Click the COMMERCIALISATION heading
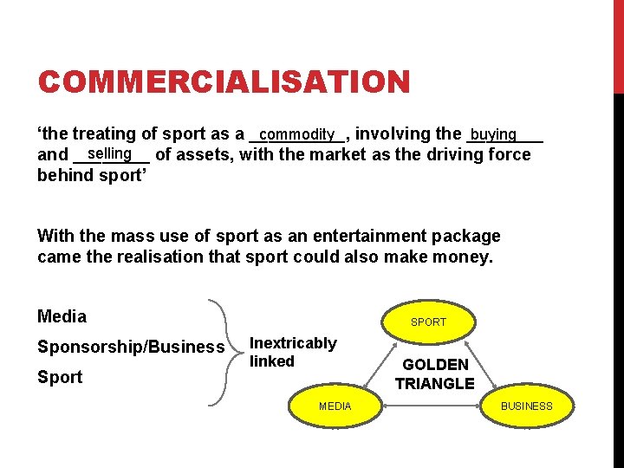[x=224, y=82]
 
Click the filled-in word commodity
[x=296, y=134]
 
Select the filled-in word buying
[x=493, y=134]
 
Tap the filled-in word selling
[x=108, y=153]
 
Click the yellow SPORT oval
[x=428, y=322]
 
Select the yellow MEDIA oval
[x=335, y=406]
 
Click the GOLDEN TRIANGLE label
[x=435, y=374]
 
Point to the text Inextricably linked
[x=292, y=352]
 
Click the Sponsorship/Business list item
[x=131, y=347]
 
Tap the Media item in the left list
[x=62, y=316]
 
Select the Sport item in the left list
[x=60, y=377]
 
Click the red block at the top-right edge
[x=618, y=43]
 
